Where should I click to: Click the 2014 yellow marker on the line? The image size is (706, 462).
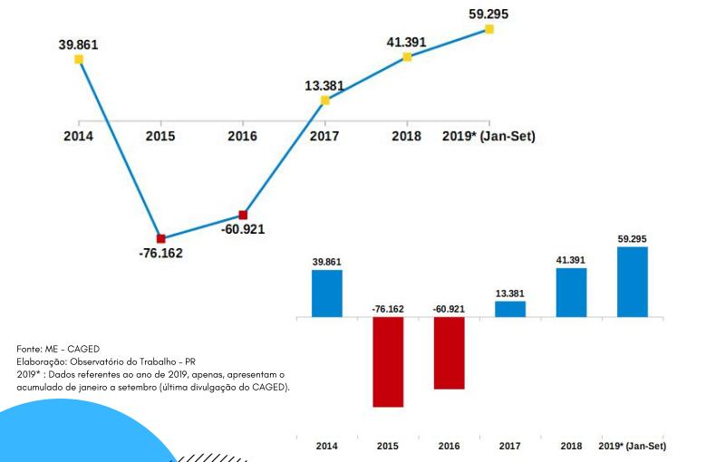[79, 59]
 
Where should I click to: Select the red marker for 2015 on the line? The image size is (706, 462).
[160, 238]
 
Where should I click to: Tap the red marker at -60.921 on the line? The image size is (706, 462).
[243, 215]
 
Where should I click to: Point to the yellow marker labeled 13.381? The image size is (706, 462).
[325, 101]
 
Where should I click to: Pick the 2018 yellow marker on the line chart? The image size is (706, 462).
[407, 57]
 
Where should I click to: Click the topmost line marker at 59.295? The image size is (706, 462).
[489, 29]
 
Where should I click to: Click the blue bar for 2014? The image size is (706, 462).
[327, 294]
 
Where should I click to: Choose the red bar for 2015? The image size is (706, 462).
[388, 362]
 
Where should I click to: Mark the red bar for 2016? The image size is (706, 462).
[450, 353]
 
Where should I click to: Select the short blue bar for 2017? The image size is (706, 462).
[510, 309]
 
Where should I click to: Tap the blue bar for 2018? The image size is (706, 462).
[571, 293]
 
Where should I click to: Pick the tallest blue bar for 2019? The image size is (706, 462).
[633, 282]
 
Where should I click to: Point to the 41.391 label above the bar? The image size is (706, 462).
[571, 260]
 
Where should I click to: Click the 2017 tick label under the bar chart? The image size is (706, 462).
[510, 447]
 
